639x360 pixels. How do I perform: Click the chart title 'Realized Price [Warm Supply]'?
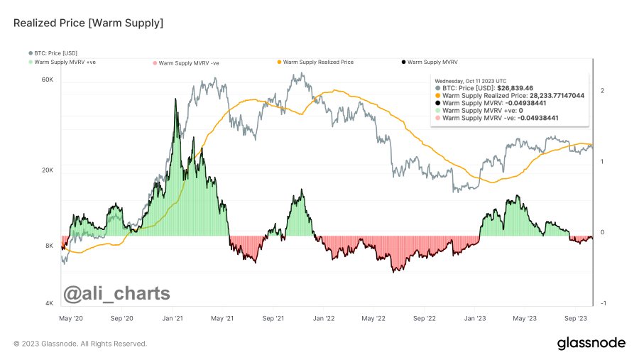pyautogui.click(x=88, y=24)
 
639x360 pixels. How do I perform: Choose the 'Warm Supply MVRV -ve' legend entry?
pyautogui.click(x=188, y=62)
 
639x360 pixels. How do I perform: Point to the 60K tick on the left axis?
pyautogui.click(x=48, y=80)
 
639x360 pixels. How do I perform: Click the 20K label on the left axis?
pyautogui.click(x=48, y=171)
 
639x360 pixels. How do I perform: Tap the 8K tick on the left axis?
pyautogui.click(x=49, y=246)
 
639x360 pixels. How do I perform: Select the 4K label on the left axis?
pyautogui.click(x=49, y=303)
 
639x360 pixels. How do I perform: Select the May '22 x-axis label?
pyautogui.click(x=373, y=320)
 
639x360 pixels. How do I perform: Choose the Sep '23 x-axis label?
pyautogui.click(x=575, y=320)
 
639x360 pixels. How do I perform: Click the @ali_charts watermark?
pyautogui.click(x=117, y=293)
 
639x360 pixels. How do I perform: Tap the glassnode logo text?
pyautogui.click(x=591, y=343)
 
